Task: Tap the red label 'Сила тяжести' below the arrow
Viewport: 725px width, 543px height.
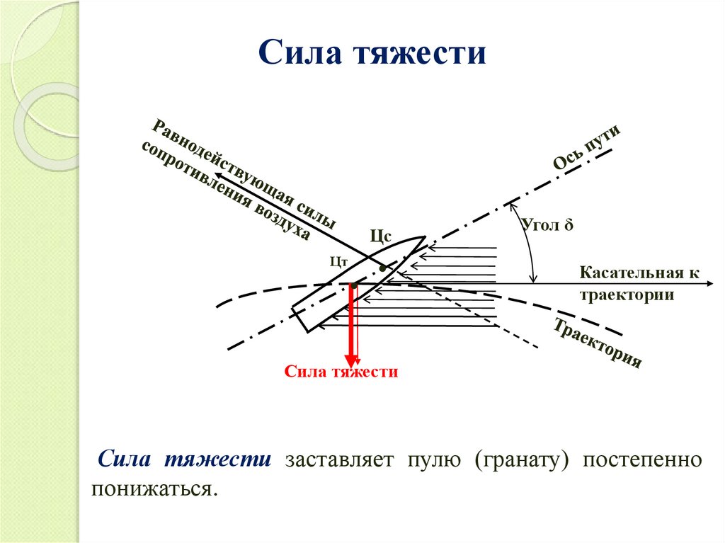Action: point(341,372)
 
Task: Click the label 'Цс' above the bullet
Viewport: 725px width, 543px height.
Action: point(379,236)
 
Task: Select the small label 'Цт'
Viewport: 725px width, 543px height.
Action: point(338,261)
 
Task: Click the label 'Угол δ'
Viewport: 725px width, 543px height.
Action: point(547,226)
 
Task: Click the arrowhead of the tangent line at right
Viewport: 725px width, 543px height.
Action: point(708,283)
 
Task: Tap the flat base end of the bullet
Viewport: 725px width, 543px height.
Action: point(300,319)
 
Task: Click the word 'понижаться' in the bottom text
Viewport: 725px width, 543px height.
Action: point(152,489)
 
